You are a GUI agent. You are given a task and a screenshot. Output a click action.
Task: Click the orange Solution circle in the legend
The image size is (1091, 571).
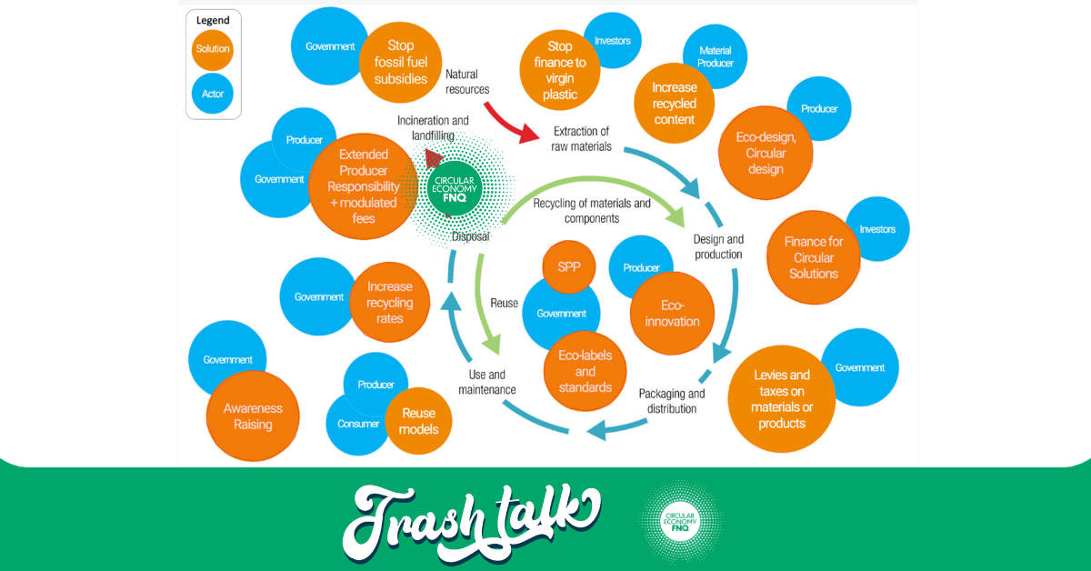point(213,50)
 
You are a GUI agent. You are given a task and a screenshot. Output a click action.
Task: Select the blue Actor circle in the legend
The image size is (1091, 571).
point(213,94)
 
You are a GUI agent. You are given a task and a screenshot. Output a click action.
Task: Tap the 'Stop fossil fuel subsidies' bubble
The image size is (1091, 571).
point(400,63)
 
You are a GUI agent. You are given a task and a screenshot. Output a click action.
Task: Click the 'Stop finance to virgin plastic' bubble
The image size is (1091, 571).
point(560,70)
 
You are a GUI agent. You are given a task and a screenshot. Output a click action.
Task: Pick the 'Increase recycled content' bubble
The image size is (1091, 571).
point(674,104)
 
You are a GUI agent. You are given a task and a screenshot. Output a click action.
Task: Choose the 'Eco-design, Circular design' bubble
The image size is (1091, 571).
point(766,153)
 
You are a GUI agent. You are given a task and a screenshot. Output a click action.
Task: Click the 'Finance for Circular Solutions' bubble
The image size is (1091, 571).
point(814,257)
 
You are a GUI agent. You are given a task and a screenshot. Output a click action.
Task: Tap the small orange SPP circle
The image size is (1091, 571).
point(569,267)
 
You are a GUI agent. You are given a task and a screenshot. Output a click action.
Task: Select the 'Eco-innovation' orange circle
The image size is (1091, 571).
point(672,314)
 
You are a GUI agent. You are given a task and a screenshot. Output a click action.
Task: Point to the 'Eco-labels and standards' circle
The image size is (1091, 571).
point(585,371)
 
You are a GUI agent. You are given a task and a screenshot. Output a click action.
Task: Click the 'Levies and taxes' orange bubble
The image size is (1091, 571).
point(782,399)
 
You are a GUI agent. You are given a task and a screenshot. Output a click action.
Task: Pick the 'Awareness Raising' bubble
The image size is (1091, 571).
point(253,416)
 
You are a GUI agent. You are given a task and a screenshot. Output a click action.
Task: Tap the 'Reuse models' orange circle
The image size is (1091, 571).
point(418,421)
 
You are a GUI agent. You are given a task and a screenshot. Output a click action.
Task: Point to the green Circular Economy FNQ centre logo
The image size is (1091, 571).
point(455,188)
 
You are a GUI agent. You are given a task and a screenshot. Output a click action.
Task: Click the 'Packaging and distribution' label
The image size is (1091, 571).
point(672,401)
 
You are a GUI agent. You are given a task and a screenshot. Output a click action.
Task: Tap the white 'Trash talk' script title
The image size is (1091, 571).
point(472,523)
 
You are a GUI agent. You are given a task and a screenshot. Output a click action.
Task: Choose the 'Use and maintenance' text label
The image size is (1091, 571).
point(486,382)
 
